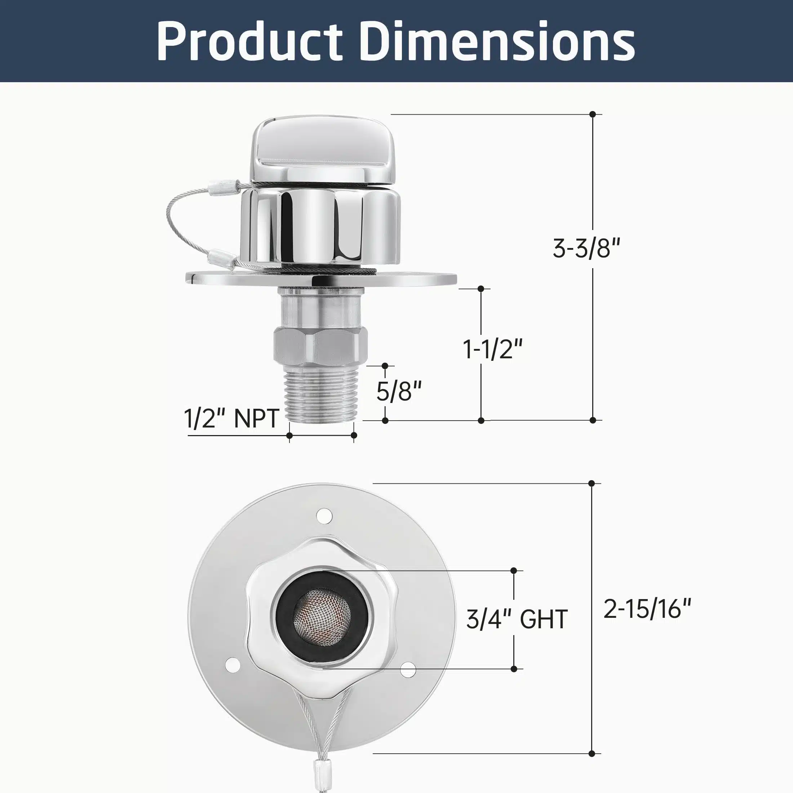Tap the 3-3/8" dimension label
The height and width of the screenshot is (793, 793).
click(586, 248)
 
